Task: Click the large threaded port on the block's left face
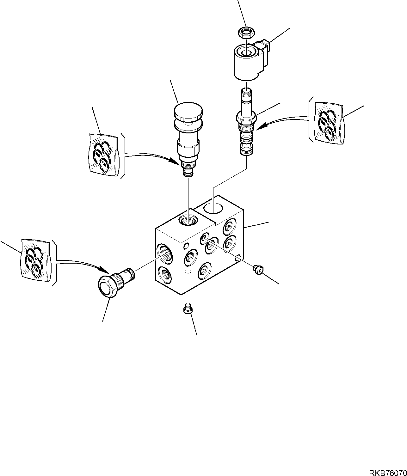tap(164, 253)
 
